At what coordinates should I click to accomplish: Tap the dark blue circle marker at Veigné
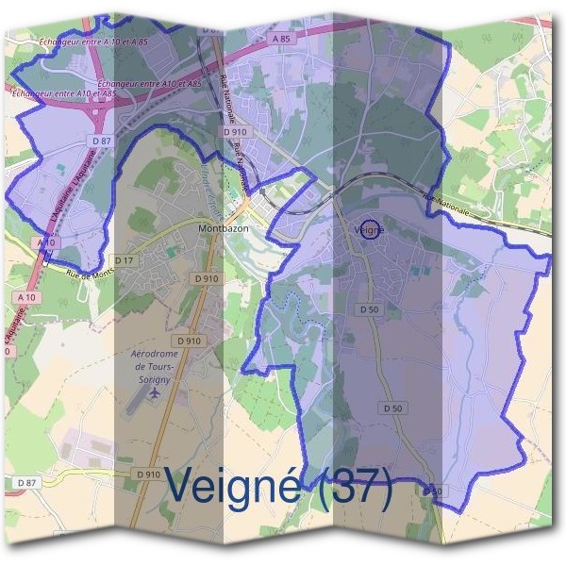point(371,228)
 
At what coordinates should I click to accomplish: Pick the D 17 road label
point(124,259)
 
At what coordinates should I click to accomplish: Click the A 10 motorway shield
point(45,242)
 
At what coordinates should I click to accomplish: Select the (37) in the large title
point(354,487)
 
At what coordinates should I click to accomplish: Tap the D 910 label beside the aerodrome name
point(188,340)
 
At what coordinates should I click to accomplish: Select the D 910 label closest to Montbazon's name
point(205,278)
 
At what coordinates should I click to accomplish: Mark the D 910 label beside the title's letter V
point(147,474)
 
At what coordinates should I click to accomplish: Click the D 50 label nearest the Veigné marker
point(368,308)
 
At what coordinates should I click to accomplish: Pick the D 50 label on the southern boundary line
point(432,491)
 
